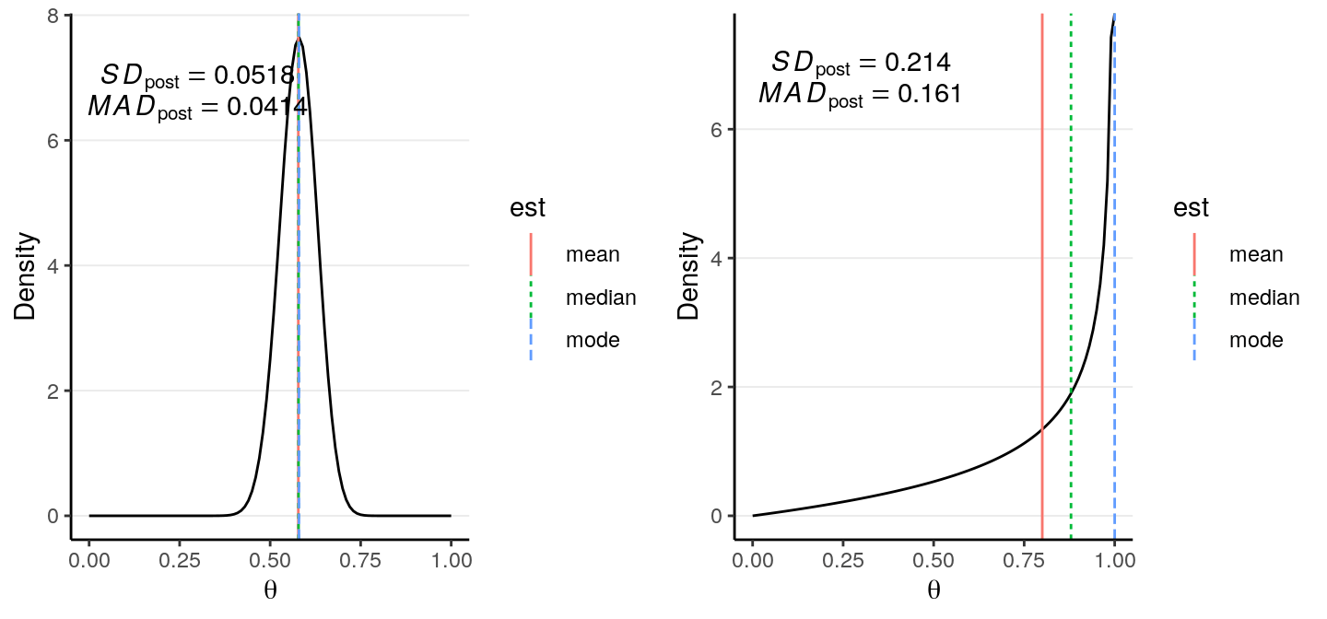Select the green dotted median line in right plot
tap(1071, 230)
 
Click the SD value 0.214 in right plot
tap(918, 63)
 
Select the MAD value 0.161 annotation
tap(922, 94)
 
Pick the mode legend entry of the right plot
tap(1256, 340)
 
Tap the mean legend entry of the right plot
tap(1256, 254)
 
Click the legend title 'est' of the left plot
tap(528, 209)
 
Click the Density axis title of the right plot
tap(688, 276)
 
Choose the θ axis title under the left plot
tap(270, 590)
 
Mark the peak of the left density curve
tap(299, 40)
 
